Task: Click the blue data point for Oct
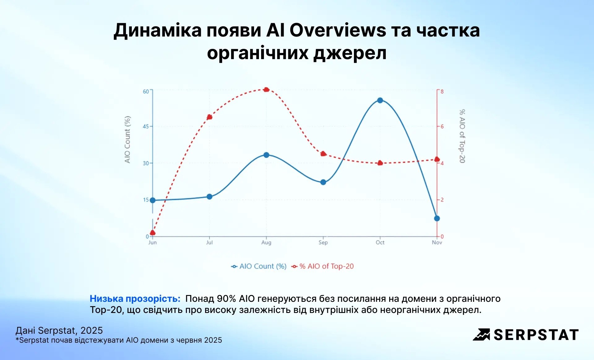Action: point(380,100)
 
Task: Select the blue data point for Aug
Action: point(266,155)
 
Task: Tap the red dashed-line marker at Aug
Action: point(266,90)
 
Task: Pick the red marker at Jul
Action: point(209,117)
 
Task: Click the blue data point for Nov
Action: point(437,219)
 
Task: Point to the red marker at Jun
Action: point(153,233)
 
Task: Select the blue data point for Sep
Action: point(323,182)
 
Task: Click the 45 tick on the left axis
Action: point(146,126)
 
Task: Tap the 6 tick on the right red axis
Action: point(442,126)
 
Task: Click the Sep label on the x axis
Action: point(323,242)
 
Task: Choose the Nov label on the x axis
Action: point(437,242)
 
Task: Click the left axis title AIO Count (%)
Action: point(127,139)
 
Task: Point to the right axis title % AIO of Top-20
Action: point(462,136)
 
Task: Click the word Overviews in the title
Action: point(338,30)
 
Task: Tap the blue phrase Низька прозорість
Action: point(135,299)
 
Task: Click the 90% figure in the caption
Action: point(226,299)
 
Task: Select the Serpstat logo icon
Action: point(481,335)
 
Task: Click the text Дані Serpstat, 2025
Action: point(59,331)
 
